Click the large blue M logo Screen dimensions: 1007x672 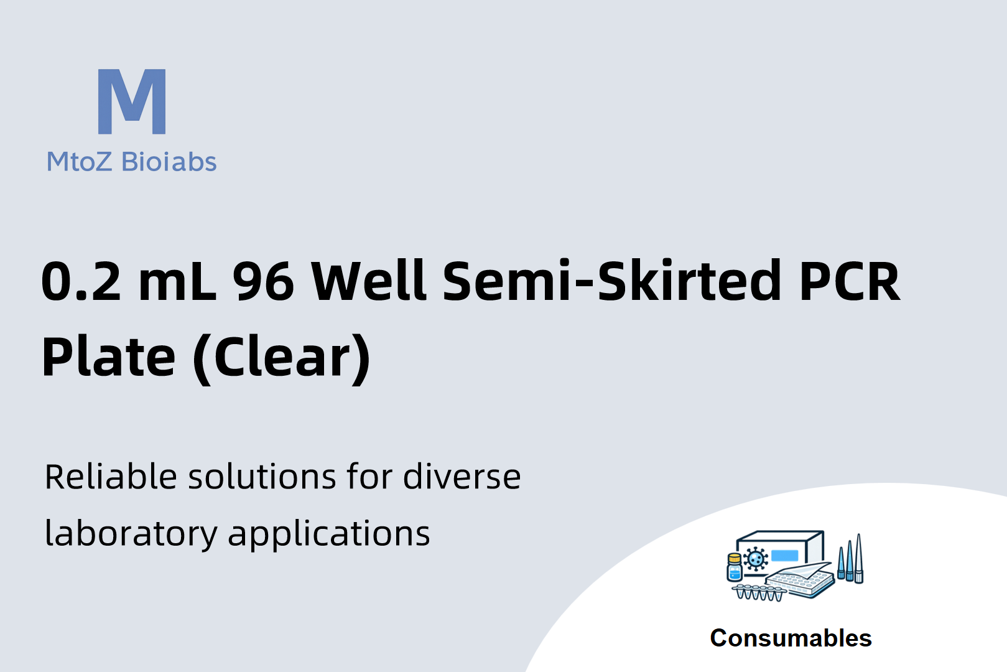coord(132,101)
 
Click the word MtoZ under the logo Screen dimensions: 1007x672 coord(79,162)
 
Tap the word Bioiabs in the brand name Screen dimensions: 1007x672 coord(169,161)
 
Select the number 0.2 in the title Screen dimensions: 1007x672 coord(81,281)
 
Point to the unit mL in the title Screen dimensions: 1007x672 coord(177,281)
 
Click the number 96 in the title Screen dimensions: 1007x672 coord(263,281)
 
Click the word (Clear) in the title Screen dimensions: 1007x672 coord(281,358)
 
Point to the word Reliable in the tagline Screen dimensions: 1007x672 coord(111,476)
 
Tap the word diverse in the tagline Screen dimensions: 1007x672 coord(462,476)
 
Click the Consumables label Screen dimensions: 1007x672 coord(791,638)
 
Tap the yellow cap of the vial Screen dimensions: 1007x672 coord(734,559)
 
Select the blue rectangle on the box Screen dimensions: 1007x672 coord(784,556)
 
